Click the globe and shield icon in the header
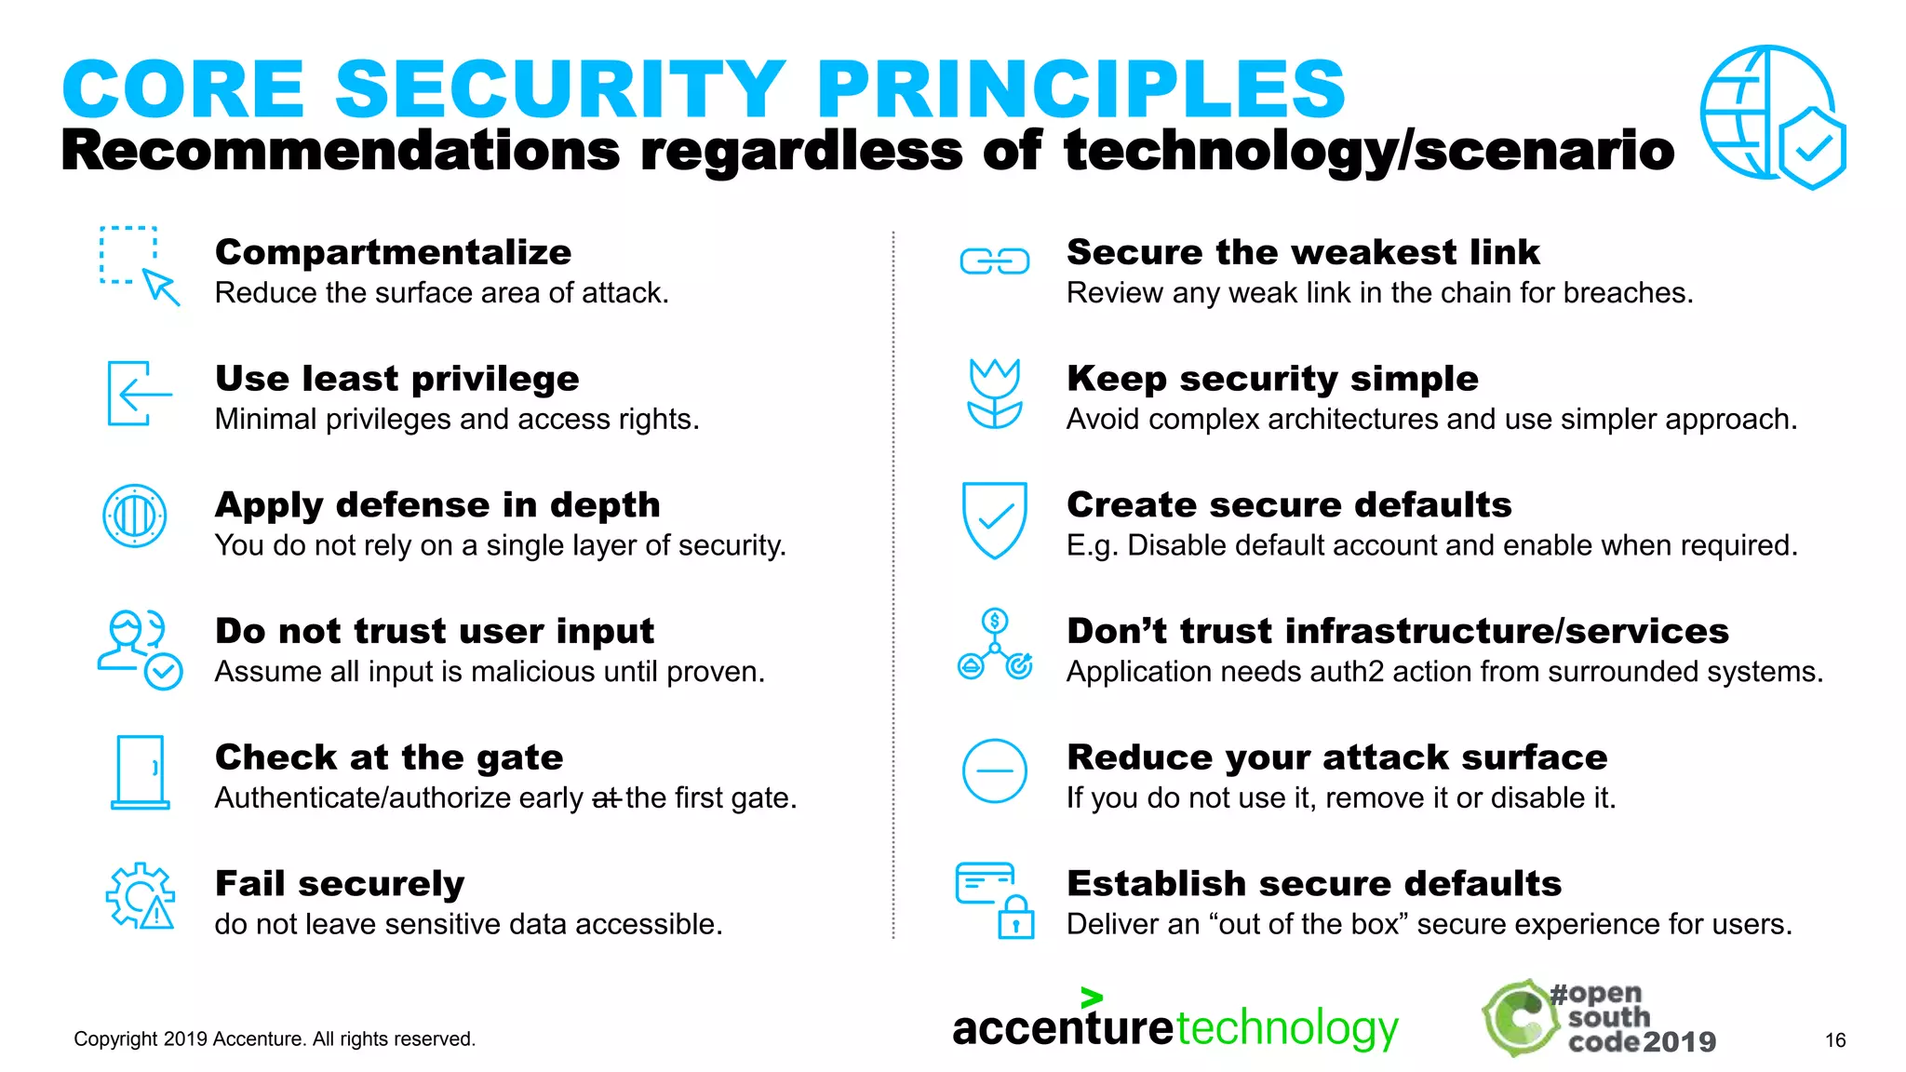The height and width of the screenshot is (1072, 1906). [x=1771, y=116]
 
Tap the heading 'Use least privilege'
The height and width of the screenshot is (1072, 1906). [x=396, y=379]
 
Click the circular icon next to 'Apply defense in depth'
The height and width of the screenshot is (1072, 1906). [x=135, y=516]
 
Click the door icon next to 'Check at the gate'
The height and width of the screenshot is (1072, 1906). [x=141, y=772]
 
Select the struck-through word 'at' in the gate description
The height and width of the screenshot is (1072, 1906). [x=606, y=798]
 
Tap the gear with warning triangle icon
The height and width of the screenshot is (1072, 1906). [x=141, y=896]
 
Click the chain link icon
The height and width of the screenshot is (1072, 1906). [x=995, y=261]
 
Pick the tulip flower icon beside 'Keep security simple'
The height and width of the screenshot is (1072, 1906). [x=995, y=394]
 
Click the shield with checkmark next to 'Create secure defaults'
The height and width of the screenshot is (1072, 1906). [x=995, y=519]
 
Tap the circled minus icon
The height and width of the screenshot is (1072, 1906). [x=995, y=771]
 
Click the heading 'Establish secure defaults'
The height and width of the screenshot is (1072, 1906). [x=1313, y=883]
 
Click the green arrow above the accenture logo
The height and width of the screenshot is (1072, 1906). [x=1092, y=998]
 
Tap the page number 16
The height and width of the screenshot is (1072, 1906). [x=1835, y=1040]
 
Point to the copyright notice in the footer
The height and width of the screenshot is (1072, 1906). [x=275, y=1039]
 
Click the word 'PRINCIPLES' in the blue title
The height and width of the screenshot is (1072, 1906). [x=1081, y=89]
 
